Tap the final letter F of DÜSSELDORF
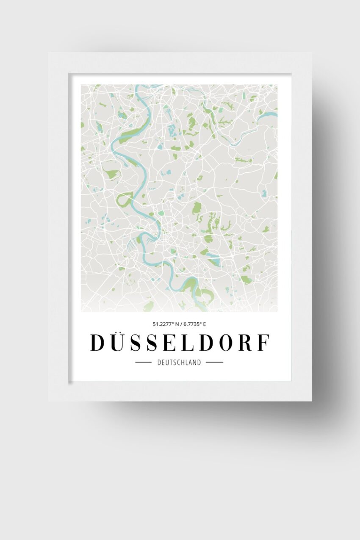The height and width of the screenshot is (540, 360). [x=263, y=343]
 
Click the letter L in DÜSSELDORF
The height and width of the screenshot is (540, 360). [x=184, y=343]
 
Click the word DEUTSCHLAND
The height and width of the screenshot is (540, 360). [x=179, y=363]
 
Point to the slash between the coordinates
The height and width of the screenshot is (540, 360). [x=180, y=324]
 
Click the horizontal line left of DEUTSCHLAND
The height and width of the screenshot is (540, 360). [x=143, y=363]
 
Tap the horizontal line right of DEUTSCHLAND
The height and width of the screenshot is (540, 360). [x=214, y=363]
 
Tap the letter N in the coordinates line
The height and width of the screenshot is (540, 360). [x=175, y=324]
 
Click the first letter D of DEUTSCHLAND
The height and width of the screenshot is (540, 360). [x=159, y=363]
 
